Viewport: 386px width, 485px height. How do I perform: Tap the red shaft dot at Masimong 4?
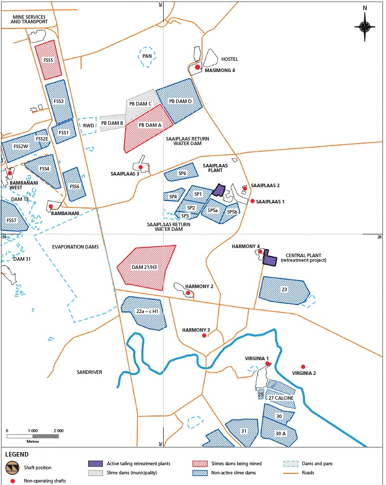click(198, 67)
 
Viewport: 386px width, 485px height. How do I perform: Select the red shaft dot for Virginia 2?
click(303, 367)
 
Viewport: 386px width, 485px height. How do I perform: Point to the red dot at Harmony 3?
click(204, 336)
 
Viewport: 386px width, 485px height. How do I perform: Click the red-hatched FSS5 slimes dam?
click(48, 61)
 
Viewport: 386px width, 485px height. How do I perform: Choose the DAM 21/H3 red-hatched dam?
click(146, 267)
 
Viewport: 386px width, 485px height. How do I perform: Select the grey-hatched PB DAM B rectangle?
click(112, 123)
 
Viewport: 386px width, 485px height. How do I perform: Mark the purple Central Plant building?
click(270, 259)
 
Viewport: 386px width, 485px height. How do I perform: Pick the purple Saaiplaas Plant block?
click(218, 190)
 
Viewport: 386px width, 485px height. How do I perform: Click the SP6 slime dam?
click(181, 172)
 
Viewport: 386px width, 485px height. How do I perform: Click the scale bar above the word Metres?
click(35, 436)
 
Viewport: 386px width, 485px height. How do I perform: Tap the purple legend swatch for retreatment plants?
click(95, 463)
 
